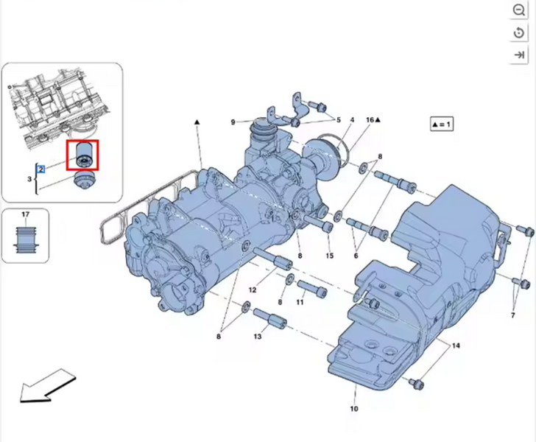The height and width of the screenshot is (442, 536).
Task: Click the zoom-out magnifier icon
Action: tap(518, 10)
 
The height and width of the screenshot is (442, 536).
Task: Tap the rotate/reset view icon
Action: tap(518, 33)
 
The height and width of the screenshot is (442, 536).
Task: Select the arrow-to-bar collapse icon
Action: tap(519, 55)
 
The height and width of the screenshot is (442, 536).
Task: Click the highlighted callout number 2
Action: tap(41, 169)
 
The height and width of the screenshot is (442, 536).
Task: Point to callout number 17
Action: tap(26, 214)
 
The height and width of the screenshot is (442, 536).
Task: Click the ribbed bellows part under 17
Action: tap(26, 239)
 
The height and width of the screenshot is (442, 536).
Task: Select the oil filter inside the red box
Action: tap(82, 155)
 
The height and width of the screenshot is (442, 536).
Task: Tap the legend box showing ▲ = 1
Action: tap(442, 124)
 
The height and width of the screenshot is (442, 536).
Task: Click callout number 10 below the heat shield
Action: tap(354, 408)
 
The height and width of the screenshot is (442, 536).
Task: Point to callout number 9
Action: tap(233, 122)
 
